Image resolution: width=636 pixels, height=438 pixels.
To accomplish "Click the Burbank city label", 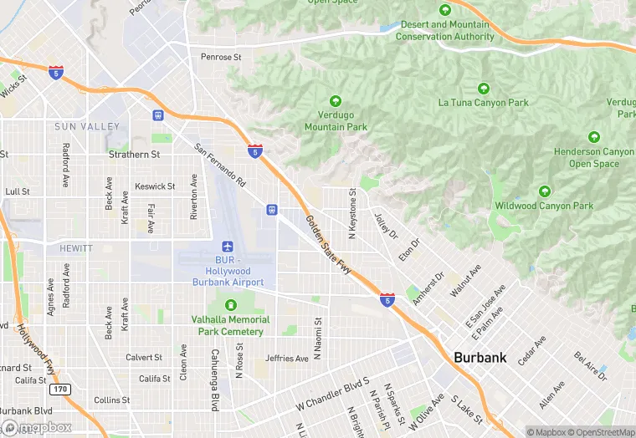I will click(480, 357).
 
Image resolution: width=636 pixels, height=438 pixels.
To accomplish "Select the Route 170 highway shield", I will click(59, 390).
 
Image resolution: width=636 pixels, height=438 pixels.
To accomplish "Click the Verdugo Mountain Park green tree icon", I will click(336, 100).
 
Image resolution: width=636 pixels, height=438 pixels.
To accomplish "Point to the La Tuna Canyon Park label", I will click(484, 103).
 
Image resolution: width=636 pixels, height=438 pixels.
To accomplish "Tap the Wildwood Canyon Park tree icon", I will click(545, 191).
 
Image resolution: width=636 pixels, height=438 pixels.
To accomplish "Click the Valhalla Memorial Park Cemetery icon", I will click(230, 304).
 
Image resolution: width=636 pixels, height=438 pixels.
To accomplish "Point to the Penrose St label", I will click(221, 58).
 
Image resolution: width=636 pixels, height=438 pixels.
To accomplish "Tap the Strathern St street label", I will click(135, 155).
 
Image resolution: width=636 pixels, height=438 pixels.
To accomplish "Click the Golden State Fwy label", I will click(327, 243).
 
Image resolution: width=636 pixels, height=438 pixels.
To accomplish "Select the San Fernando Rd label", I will click(220, 165).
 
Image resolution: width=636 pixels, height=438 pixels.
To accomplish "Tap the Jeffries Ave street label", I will click(287, 359).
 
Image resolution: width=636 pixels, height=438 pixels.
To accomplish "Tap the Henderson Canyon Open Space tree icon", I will click(594, 137).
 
